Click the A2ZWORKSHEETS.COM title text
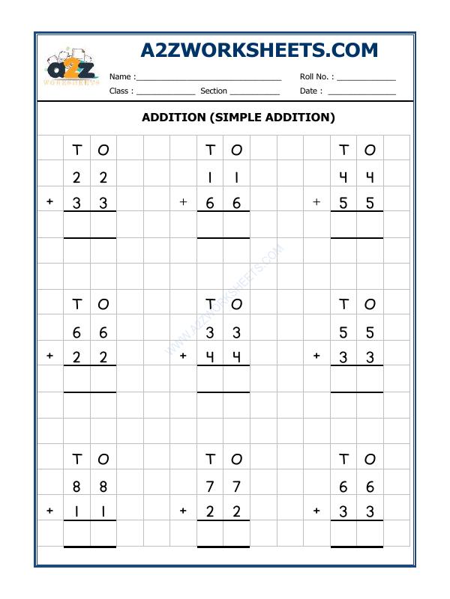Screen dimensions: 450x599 pos(259,50)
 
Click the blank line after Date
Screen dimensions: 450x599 pos(361,91)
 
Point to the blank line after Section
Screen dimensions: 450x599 pos(254,91)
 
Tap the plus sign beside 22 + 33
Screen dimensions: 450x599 pos(50,202)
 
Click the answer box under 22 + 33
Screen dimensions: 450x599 pos(90,225)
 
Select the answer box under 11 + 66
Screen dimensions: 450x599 pos(223,225)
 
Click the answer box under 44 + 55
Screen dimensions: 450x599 pos(356,225)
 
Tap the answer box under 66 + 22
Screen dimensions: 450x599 pos(90,380)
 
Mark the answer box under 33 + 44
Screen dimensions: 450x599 pos(223,380)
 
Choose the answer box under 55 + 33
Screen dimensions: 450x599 pos(356,380)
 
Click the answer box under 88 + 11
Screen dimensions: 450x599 pos(90,534)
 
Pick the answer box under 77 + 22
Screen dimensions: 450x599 pos(223,534)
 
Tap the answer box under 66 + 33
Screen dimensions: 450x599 pos(356,534)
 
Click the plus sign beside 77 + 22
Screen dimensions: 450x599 pos(183,511)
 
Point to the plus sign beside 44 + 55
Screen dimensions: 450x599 pos(316,202)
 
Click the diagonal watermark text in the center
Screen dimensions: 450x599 pos(225,299)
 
